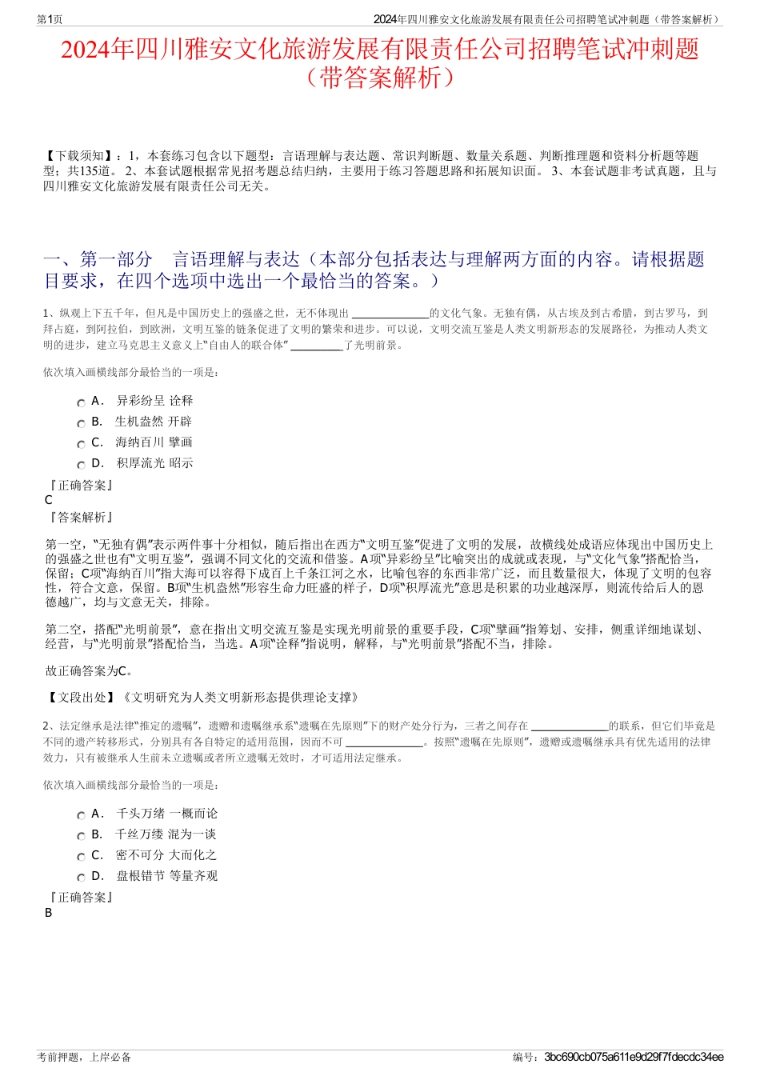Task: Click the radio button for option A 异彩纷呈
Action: [81, 402]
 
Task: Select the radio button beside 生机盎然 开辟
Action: [81, 423]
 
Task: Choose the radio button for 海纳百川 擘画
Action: [81, 444]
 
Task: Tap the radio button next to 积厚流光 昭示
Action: [81, 465]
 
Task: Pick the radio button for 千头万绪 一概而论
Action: [81, 815]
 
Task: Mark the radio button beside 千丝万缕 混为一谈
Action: [81, 836]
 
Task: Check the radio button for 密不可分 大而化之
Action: [81, 857]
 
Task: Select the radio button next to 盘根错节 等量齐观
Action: [81, 878]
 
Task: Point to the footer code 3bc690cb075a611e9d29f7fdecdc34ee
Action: [634, 1057]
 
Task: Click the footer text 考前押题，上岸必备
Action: [84, 1057]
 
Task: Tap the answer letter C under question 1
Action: [49, 500]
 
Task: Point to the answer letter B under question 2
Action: [49, 913]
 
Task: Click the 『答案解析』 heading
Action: [80, 518]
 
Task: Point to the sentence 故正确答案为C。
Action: [90, 670]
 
